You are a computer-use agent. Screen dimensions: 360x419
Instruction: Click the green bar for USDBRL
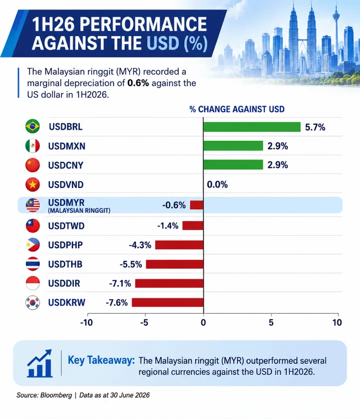coord(252,127)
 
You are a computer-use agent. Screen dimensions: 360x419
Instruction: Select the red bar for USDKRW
coord(168,303)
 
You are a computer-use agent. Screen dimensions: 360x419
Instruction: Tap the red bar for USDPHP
coord(179,245)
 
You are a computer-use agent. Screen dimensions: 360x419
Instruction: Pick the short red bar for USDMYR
coord(197,205)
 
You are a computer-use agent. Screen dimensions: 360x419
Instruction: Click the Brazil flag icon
coord(33,126)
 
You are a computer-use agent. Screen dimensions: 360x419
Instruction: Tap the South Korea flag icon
coord(33,303)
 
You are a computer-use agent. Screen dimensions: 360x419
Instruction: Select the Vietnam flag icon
coord(33,184)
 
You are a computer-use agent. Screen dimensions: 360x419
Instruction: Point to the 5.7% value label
coord(315,127)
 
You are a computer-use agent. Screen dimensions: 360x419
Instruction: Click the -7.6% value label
coord(117,303)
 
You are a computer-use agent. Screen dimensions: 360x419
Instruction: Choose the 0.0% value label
coord(217,184)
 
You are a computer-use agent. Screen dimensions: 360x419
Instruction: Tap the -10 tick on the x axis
coord(87,323)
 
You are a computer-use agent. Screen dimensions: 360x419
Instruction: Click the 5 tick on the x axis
coord(271,323)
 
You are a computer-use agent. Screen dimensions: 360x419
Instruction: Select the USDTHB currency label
coord(65,264)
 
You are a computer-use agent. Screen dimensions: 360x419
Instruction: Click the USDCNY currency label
coord(66,165)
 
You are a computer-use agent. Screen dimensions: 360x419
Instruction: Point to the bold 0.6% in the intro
coord(138,83)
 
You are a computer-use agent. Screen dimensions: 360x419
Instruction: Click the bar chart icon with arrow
coord(40,363)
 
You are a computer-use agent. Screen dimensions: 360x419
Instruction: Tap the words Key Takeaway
coord(102,360)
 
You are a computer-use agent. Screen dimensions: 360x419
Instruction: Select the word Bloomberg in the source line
coord(56,395)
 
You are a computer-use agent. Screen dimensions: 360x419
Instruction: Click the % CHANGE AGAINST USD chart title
coord(237,109)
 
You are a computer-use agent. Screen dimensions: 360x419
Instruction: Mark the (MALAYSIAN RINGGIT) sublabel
coord(79,211)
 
